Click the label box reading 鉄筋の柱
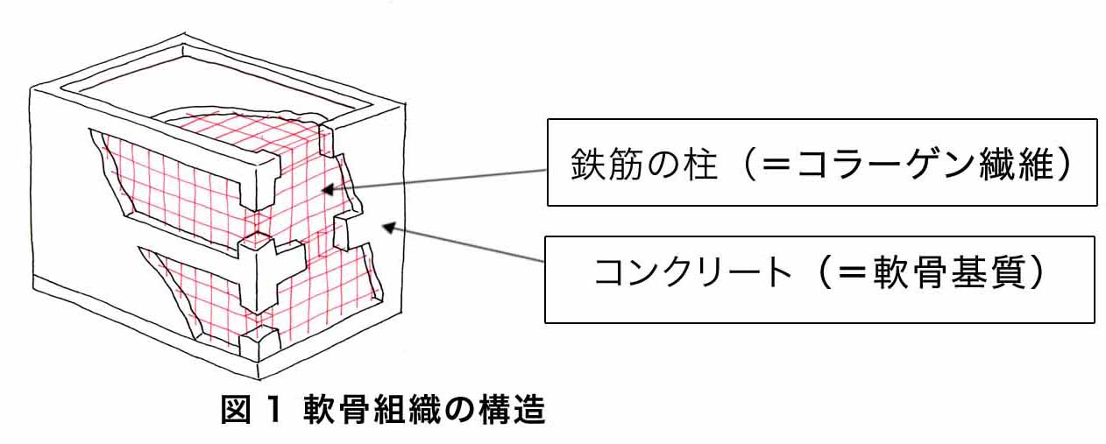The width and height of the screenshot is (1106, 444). [x=821, y=163]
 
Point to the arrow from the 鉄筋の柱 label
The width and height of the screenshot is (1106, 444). [x=438, y=179]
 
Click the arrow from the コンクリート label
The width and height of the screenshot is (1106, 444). [x=464, y=243]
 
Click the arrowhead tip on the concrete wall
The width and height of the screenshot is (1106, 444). [x=382, y=225]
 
